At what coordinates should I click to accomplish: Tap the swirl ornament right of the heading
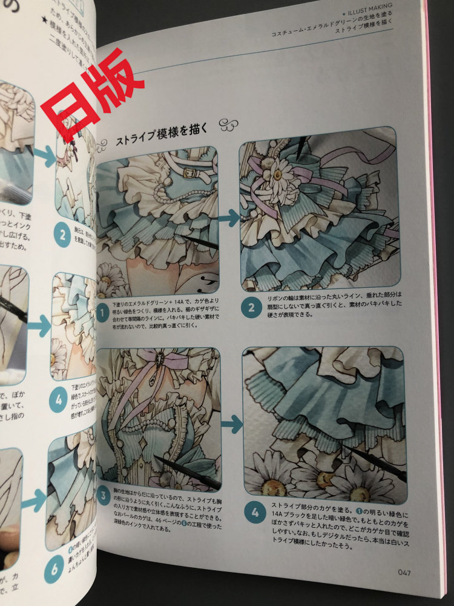[x=229, y=125]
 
